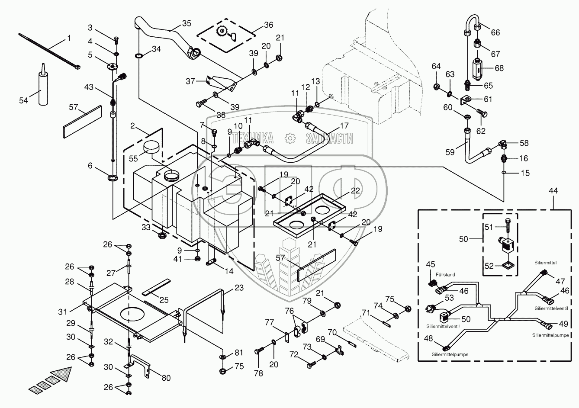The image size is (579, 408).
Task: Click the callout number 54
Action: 23,100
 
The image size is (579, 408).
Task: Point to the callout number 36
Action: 268,25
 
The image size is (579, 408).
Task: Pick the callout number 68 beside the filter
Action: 499,68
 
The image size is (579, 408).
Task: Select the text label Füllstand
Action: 445,274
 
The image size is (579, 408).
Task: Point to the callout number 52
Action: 489,267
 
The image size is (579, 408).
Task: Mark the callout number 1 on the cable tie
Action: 68,39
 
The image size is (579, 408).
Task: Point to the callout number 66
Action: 495,32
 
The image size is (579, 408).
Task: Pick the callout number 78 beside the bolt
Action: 258,373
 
